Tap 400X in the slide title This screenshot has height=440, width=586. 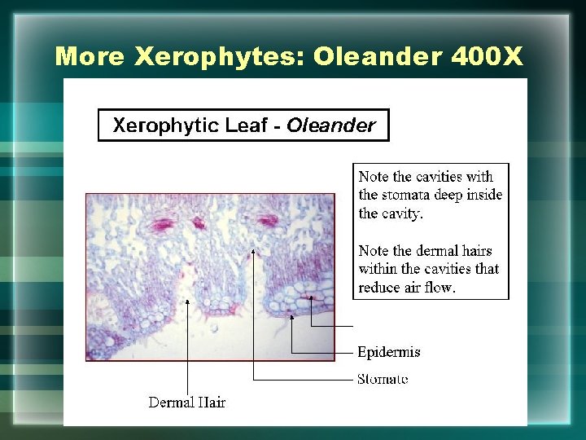[485, 56]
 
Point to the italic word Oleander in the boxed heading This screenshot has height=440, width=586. [331, 125]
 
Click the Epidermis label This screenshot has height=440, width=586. [389, 352]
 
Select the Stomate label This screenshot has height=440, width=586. [383, 379]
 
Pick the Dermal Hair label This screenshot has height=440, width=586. [186, 402]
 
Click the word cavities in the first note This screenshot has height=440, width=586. [439, 177]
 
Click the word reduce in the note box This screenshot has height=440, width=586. [378, 288]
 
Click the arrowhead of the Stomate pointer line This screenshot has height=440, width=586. [253, 251]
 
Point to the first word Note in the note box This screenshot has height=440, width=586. [374, 177]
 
